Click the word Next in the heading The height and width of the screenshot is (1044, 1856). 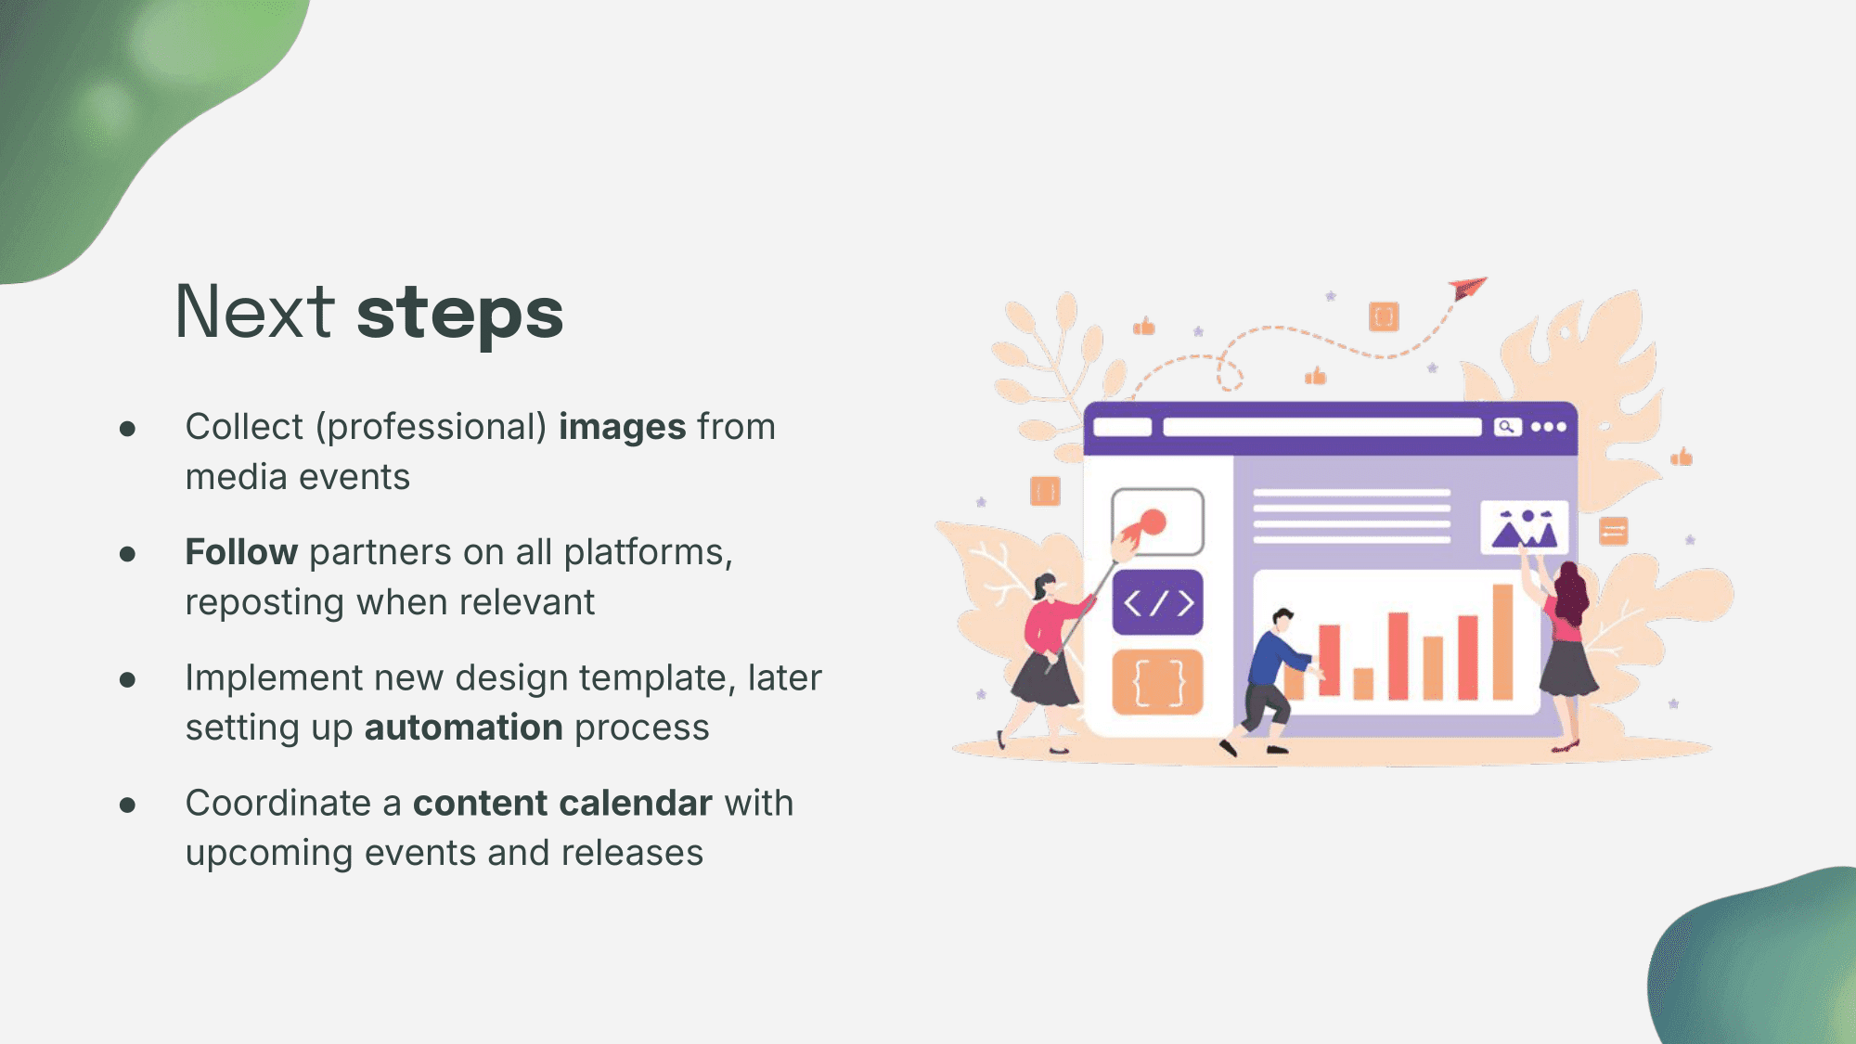[x=254, y=312]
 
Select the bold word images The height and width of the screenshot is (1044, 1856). [x=623, y=428]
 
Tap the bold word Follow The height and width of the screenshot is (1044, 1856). [x=241, y=552]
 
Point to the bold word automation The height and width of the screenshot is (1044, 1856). [x=464, y=728]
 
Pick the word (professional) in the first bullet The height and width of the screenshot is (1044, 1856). [x=432, y=428]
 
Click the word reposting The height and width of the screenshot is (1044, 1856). [x=265, y=604]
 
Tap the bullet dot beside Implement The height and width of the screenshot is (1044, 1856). [x=128, y=680]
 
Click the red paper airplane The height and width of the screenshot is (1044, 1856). [x=1468, y=288]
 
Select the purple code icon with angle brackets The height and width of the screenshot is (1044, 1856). [x=1158, y=603]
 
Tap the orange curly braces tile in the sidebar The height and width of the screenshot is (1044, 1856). [x=1158, y=683]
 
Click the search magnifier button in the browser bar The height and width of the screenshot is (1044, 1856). [x=1507, y=427]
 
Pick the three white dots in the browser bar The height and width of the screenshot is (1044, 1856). [x=1548, y=427]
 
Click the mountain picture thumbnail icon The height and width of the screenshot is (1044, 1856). [x=1524, y=527]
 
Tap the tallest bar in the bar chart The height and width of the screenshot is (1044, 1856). [x=1502, y=641]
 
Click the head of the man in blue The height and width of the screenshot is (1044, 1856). [x=1282, y=619]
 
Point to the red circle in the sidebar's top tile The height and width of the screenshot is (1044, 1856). [x=1153, y=522]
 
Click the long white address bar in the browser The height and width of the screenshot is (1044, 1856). [x=1322, y=427]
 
